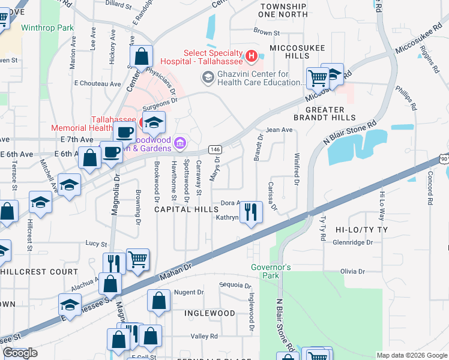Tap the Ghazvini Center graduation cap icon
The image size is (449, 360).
(x=208, y=77)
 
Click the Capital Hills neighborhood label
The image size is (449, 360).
(x=187, y=209)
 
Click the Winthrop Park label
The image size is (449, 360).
(x=47, y=28)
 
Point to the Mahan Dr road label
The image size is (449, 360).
(x=175, y=271)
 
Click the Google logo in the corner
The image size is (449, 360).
(x=20, y=353)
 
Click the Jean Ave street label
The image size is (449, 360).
(x=279, y=130)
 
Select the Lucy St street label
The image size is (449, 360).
(x=96, y=244)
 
